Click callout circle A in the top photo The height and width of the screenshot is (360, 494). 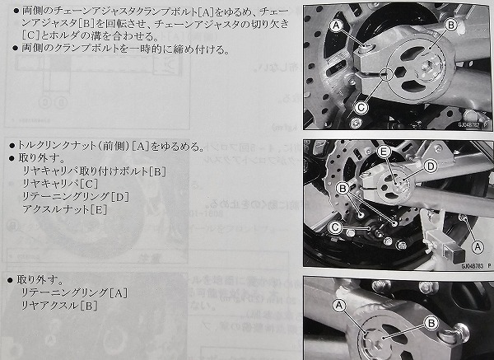[x=337, y=26]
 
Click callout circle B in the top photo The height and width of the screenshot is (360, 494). [x=451, y=26]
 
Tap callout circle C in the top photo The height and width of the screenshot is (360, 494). [x=361, y=108]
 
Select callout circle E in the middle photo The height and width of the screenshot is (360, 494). [x=384, y=152]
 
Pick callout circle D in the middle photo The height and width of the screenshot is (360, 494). [x=431, y=166]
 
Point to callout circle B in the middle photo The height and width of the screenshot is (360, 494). [x=343, y=189]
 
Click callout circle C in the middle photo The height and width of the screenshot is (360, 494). [x=335, y=227]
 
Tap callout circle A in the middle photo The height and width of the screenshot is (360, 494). [x=478, y=246]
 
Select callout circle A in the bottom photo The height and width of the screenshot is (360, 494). [x=339, y=305]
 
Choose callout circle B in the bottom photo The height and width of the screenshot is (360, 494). [x=431, y=323]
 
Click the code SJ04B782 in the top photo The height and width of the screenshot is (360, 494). [x=468, y=124]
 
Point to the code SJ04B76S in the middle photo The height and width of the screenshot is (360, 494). [x=473, y=266]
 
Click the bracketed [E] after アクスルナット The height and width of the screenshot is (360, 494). [x=99, y=209]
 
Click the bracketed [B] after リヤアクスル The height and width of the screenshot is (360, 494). [x=89, y=306]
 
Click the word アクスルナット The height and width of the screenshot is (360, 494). [x=56, y=209]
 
